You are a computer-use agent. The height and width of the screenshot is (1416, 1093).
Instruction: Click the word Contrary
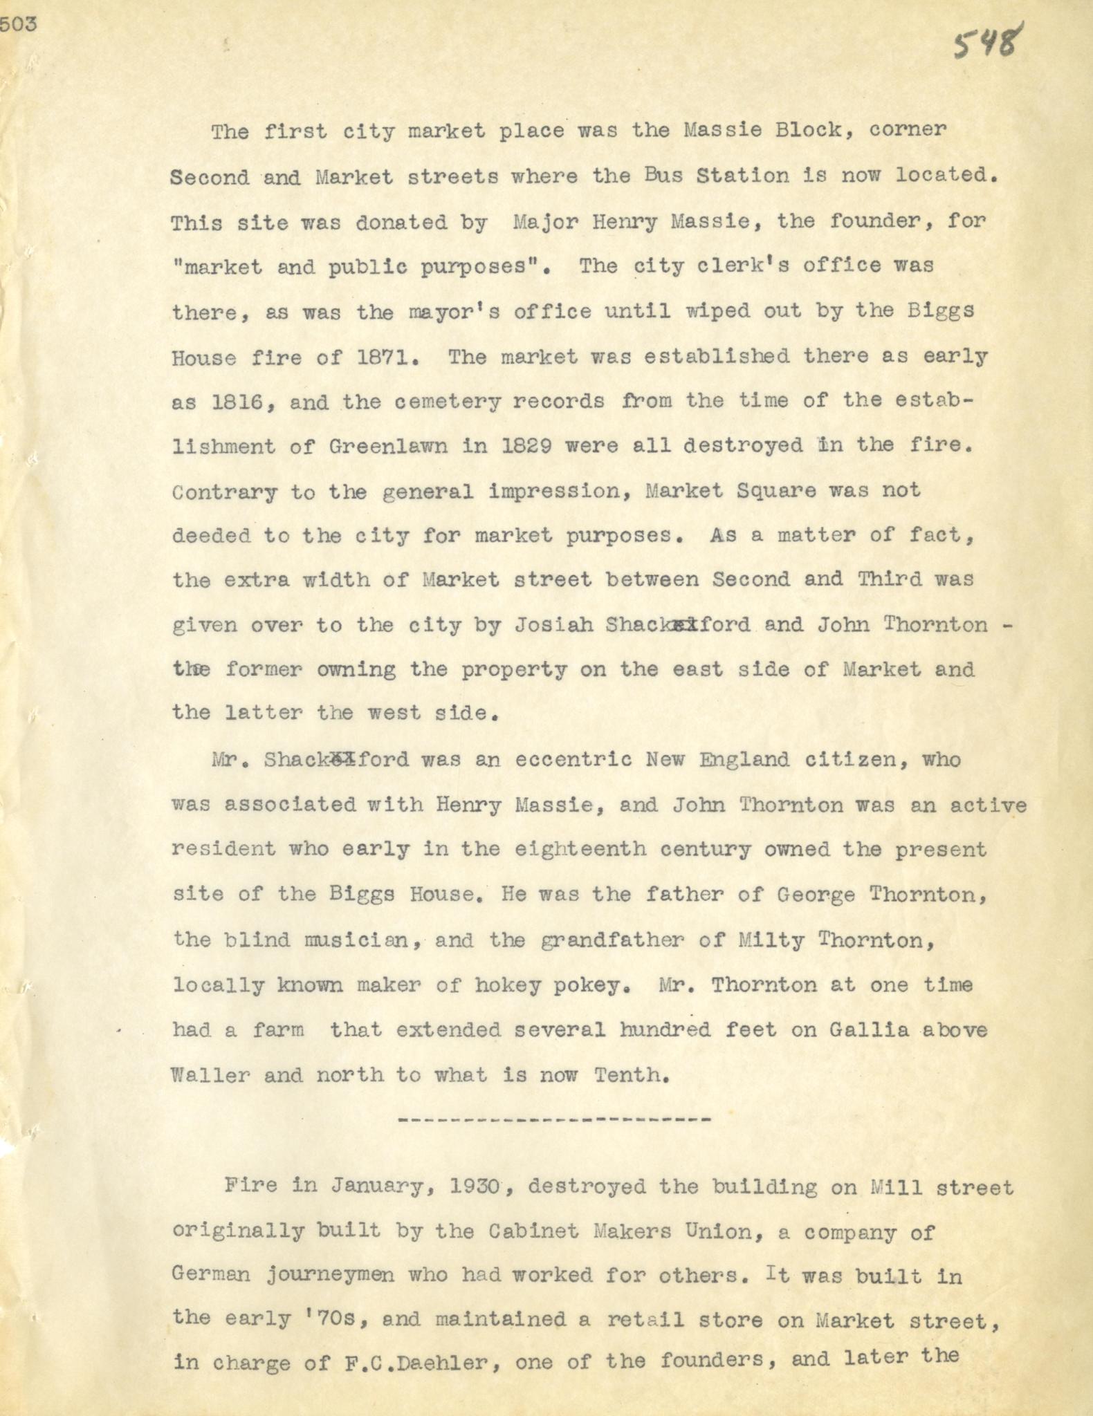click(x=223, y=492)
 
